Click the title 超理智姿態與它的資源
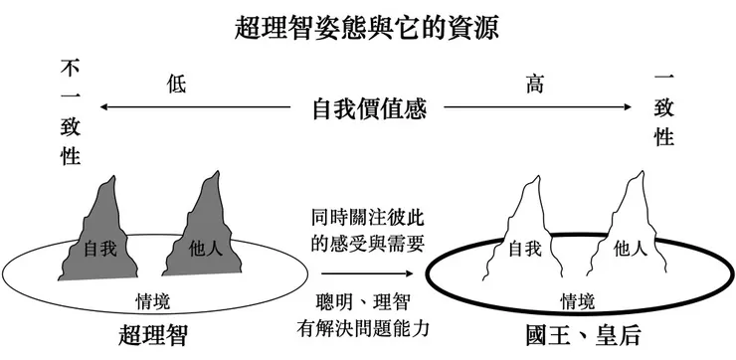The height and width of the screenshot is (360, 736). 368,26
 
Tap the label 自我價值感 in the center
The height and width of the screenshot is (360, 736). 368,108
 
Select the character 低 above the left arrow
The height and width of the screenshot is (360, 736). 176,86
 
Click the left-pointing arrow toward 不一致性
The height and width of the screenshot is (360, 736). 199,106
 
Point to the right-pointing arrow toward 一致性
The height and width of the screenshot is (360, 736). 537,106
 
